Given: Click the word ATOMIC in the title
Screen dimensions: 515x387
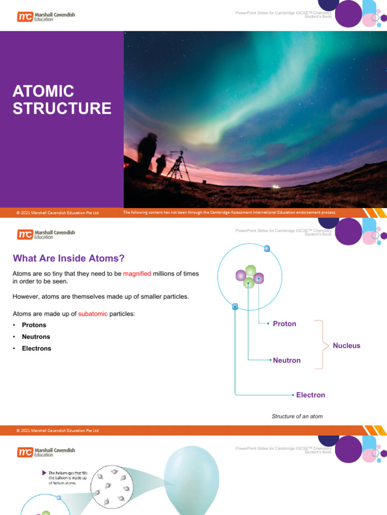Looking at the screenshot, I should pos(43,92).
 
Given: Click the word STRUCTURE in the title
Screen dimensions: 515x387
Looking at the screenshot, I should pos(62,109).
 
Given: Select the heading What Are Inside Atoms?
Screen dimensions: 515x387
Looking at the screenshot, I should pos(68,259).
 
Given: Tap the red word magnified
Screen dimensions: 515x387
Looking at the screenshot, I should pos(137,274).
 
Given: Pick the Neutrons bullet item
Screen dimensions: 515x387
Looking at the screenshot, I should pos(36,337).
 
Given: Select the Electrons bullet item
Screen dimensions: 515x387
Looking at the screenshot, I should pos(36,349).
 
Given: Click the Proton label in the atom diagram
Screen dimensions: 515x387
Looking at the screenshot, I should pos(284,324).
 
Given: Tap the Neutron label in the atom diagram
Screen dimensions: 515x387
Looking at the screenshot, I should pos(286,361).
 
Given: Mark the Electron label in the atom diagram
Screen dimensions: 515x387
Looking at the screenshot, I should pos(310,395).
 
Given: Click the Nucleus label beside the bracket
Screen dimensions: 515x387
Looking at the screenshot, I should pos(347,346).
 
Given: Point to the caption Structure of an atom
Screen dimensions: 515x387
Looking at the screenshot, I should pos(297,416).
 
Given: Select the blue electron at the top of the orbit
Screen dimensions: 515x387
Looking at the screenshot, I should pos(267,248).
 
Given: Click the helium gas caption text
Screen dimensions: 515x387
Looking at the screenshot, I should pos(68,478).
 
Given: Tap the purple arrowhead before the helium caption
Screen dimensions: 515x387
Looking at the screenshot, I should pos(44,473).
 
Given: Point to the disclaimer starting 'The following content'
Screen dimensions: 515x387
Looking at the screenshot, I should pos(229,212).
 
